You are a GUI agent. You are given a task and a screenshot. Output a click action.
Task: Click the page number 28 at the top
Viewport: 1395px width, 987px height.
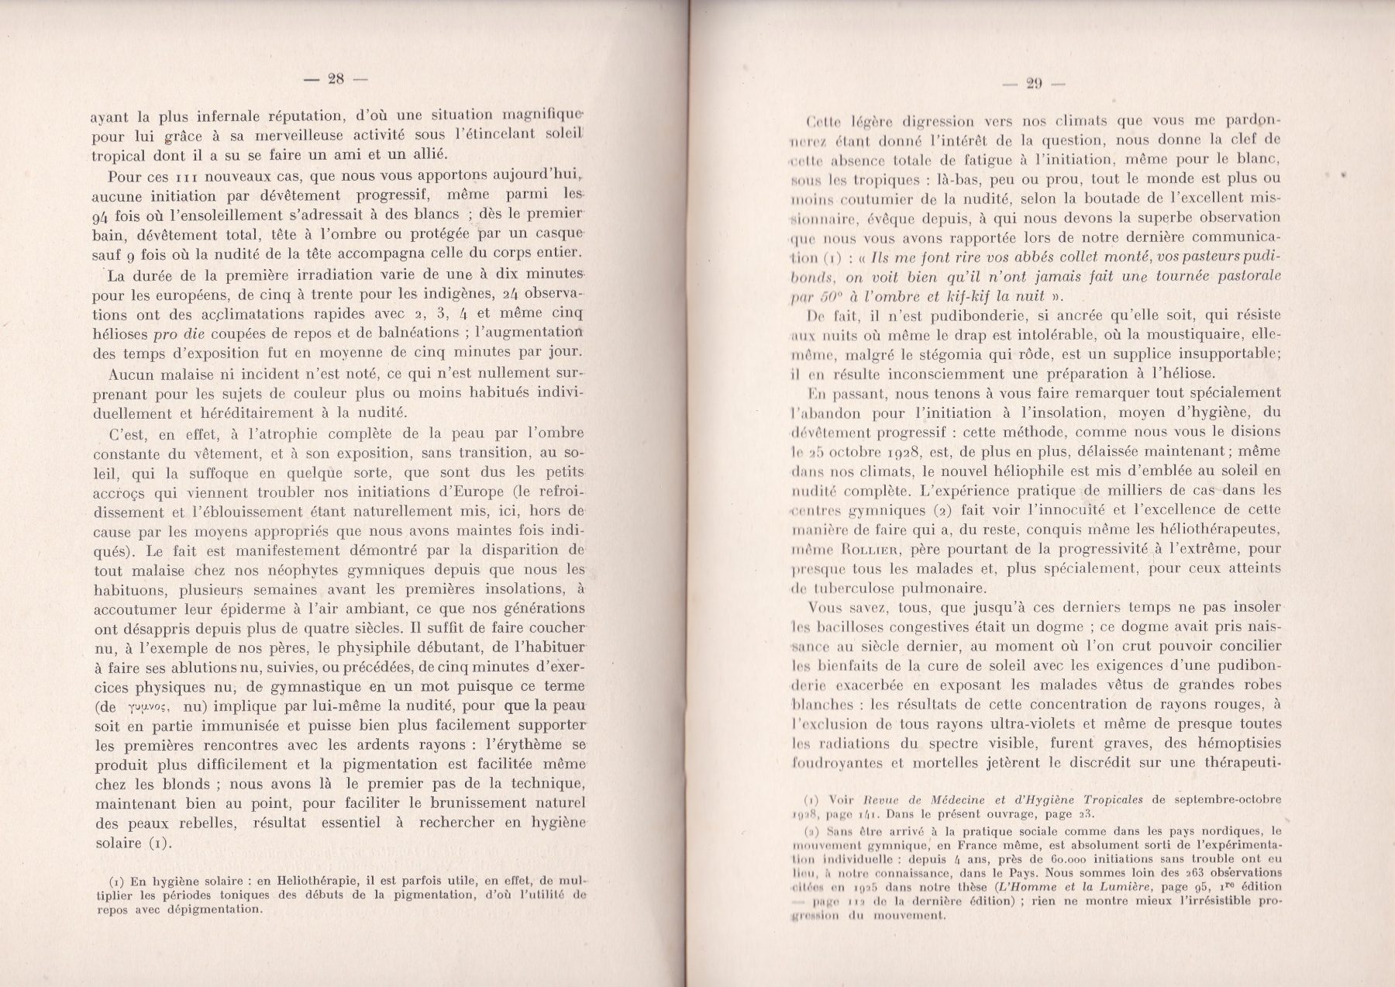point(336,78)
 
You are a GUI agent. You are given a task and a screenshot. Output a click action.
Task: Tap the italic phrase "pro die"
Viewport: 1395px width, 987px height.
point(177,333)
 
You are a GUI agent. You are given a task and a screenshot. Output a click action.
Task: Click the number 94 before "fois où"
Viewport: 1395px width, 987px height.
point(104,216)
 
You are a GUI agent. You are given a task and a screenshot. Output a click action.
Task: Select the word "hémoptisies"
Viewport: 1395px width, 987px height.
point(1231,744)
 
